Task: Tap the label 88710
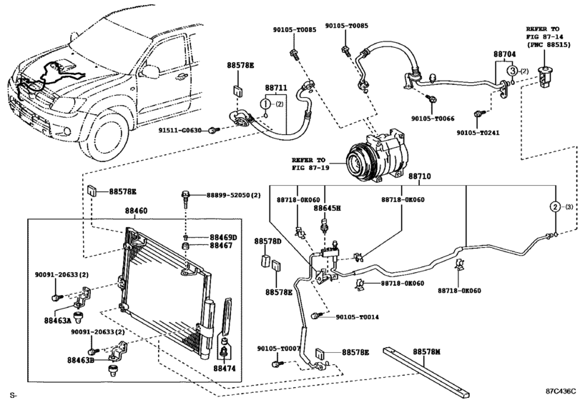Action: (x=421, y=175)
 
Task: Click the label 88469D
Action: (x=223, y=237)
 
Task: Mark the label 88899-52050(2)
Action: (x=233, y=195)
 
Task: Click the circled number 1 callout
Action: (x=265, y=104)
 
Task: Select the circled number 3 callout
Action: (x=513, y=71)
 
